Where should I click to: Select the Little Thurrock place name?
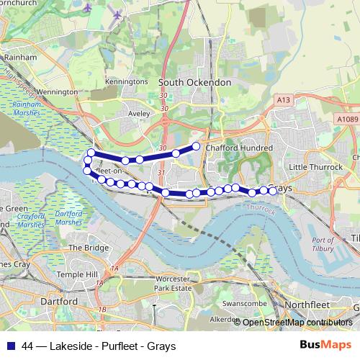[x=312, y=166]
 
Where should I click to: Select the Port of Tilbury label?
[x=323, y=244]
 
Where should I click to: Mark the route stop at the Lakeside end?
[x=196, y=147]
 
